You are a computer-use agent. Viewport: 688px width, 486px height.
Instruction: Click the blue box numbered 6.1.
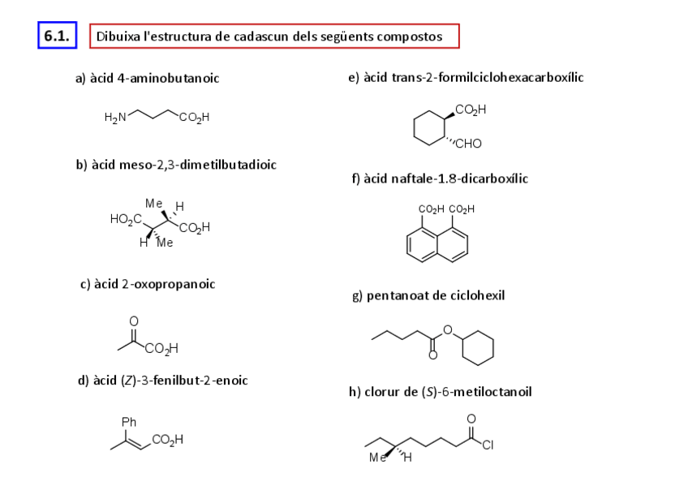click(x=57, y=37)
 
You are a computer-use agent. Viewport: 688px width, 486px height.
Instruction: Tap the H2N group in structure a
click(x=115, y=118)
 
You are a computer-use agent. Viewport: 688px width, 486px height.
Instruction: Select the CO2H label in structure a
click(x=195, y=118)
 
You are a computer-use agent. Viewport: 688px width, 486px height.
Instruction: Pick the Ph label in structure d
click(x=128, y=422)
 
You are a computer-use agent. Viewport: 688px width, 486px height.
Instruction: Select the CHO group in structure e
click(x=468, y=144)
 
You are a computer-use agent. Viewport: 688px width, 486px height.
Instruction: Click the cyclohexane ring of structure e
click(x=431, y=127)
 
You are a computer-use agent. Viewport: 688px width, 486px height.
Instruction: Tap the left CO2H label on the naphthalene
click(x=431, y=209)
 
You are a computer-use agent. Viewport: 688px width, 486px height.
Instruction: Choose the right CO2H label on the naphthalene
click(x=461, y=209)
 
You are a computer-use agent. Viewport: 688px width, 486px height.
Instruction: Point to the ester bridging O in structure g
click(x=447, y=328)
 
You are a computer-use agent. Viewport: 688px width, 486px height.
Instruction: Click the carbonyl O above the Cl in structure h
click(x=471, y=419)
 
